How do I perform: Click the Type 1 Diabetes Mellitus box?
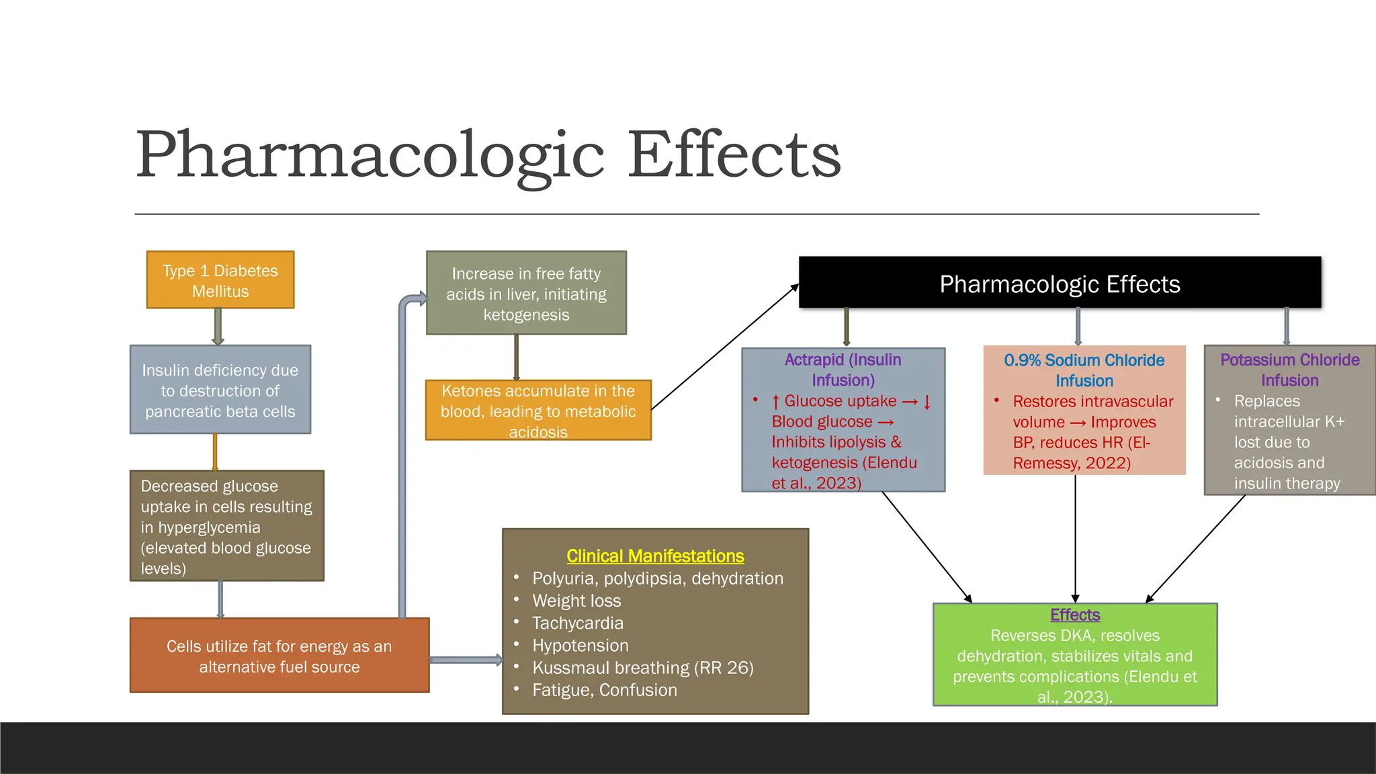220,280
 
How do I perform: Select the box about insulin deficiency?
220,390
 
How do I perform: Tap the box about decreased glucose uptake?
226,526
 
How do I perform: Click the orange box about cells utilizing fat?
279,656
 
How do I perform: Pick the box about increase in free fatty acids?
526,294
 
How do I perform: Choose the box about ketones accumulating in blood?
537,411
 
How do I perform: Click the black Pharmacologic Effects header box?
1060,284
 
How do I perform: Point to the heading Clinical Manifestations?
655,556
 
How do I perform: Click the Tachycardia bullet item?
578,623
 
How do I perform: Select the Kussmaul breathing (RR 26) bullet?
642,668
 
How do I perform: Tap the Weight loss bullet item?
576,601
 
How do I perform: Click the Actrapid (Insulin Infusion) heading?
843,370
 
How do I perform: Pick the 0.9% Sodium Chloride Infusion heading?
1084,370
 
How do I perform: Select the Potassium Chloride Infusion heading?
1289,370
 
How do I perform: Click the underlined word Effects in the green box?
1075,615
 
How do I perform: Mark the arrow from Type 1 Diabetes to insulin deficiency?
218,327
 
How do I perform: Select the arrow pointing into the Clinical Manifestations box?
466,660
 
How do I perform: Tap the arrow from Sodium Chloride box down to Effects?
1075,537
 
